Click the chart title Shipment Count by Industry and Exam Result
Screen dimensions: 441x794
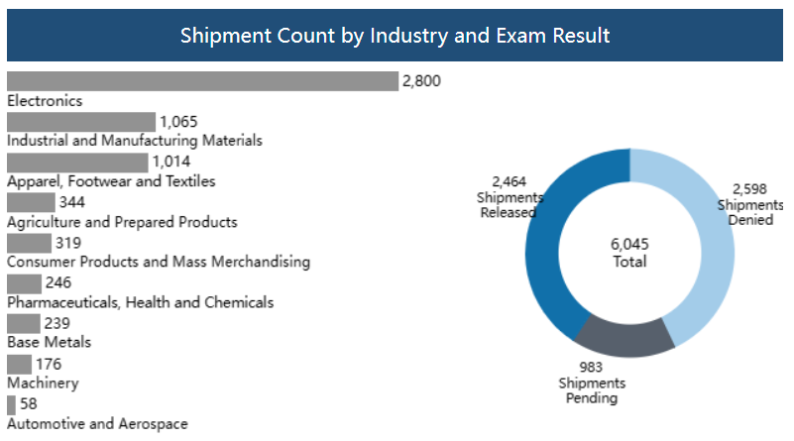pyautogui.click(x=395, y=36)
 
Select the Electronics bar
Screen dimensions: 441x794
pyautogui.click(x=201, y=81)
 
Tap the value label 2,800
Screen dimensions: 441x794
pyautogui.click(x=420, y=81)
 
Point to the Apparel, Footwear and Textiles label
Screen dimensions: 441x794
pyautogui.click(x=111, y=181)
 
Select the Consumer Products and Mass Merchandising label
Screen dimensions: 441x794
pyautogui.click(x=159, y=263)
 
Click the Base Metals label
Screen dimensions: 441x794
pyautogui.click(x=49, y=343)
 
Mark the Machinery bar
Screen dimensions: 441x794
pyautogui.click(x=19, y=364)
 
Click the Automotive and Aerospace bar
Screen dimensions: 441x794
pyautogui.click(x=11, y=404)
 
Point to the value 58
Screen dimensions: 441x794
pyautogui.click(x=29, y=404)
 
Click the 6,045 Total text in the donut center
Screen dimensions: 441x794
pyautogui.click(x=629, y=253)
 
